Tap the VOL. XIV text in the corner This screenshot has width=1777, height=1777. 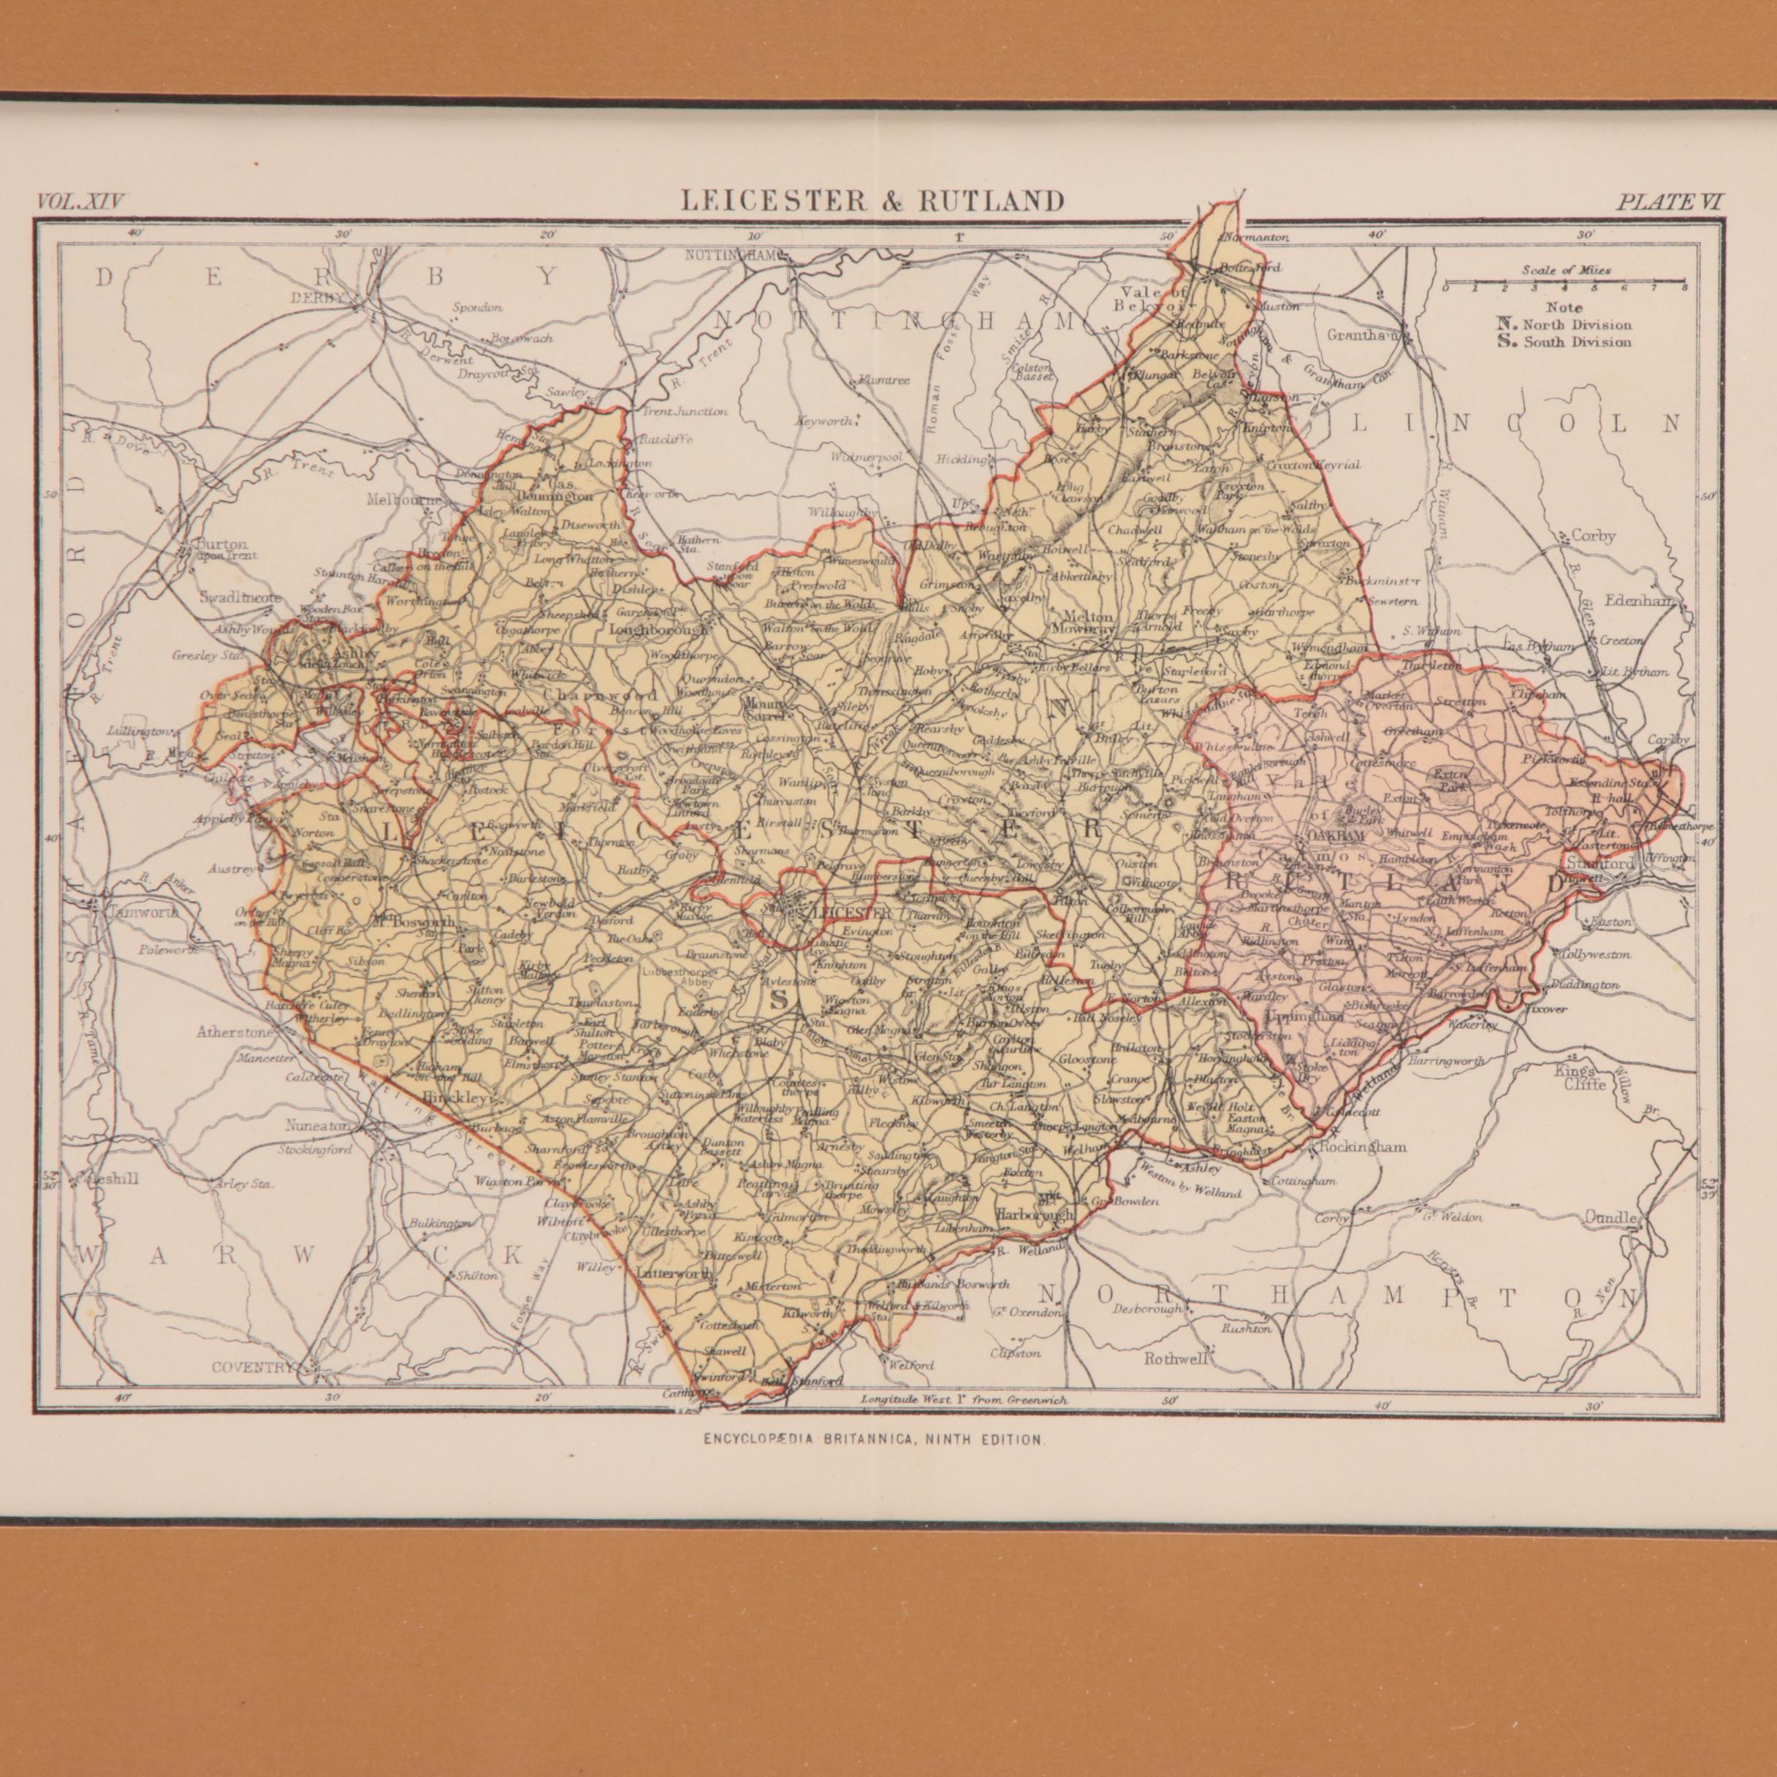coord(82,200)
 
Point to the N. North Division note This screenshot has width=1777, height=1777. coord(1564,324)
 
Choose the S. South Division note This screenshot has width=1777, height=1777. coord(1564,342)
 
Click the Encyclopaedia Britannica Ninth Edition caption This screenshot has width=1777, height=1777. coord(874,1440)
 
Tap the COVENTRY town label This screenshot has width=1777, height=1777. coord(253,1368)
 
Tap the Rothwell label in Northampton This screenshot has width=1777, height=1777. coord(1173,1358)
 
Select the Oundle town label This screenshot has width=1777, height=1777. coord(1610,1218)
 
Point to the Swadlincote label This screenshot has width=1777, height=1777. coord(241,597)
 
